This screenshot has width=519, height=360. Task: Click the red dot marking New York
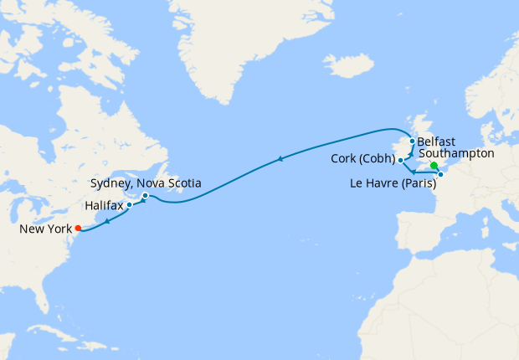point(78,227)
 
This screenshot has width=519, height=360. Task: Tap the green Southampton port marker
point(434,166)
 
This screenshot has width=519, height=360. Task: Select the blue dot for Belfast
point(412,141)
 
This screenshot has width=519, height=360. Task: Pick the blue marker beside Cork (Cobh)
point(401,159)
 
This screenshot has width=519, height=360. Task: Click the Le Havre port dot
point(440,174)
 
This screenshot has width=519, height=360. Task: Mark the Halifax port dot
point(130,204)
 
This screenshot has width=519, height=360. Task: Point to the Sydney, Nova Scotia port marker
point(146,196)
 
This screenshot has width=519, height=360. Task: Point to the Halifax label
point(104,204)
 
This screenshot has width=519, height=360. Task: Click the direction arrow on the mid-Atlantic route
point(280,159)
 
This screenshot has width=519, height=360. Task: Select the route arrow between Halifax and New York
point(108,219)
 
